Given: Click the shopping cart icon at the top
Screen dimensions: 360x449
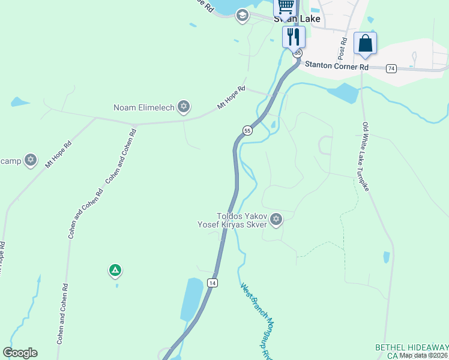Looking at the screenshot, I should coord(286,7).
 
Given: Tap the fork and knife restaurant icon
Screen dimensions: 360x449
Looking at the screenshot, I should coord(294,36).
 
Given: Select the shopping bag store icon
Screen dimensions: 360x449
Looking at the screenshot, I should coord(365,44).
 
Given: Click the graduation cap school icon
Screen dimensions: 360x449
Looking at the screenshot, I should coord(243,16).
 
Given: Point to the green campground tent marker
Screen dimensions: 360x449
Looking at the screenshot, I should coord(115,271).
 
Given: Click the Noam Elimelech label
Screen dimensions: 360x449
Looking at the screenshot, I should coord(144,108).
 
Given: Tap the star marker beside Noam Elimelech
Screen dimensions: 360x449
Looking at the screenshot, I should coord(184,107).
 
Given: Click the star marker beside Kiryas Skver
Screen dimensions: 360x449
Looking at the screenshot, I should coord(276,219).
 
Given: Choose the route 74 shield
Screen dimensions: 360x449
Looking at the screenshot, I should coord(391,68).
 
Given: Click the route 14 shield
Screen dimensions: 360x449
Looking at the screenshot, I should coord(212,282).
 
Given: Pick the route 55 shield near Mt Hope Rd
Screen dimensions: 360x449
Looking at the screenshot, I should coord(247,130).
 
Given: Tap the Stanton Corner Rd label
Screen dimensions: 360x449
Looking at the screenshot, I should coord(336,66).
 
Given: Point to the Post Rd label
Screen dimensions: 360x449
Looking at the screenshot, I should coord(343,49).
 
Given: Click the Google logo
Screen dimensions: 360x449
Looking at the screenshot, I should coord(20,353).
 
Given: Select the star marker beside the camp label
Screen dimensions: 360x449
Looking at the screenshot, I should coord(31,160).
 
